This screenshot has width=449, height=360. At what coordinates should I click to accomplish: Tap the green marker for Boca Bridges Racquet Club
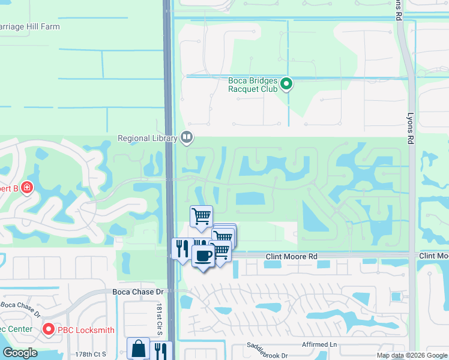coord(287,84)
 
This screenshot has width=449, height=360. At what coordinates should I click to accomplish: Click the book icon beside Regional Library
coord(187,138)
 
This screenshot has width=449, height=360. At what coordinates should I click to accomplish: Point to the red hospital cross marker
coord(26,188)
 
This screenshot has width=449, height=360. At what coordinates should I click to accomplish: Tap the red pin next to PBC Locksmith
coord(48,329)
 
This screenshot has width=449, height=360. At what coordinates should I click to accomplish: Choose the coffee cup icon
coord(203,256)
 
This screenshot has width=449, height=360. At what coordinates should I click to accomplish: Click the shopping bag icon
coord(138,349)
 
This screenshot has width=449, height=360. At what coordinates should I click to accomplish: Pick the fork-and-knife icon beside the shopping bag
coord(161,350)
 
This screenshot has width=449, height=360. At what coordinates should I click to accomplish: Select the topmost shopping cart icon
coord(202,216)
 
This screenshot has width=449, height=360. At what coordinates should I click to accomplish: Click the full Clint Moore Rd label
coord(291,257)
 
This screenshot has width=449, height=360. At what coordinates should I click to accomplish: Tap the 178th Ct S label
coord(91,355)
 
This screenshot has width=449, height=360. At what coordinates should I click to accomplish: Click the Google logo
coord(19,353)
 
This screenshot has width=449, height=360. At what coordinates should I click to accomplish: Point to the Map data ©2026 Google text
coord(412,355)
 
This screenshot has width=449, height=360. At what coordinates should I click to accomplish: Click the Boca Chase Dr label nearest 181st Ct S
coord(138,292)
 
